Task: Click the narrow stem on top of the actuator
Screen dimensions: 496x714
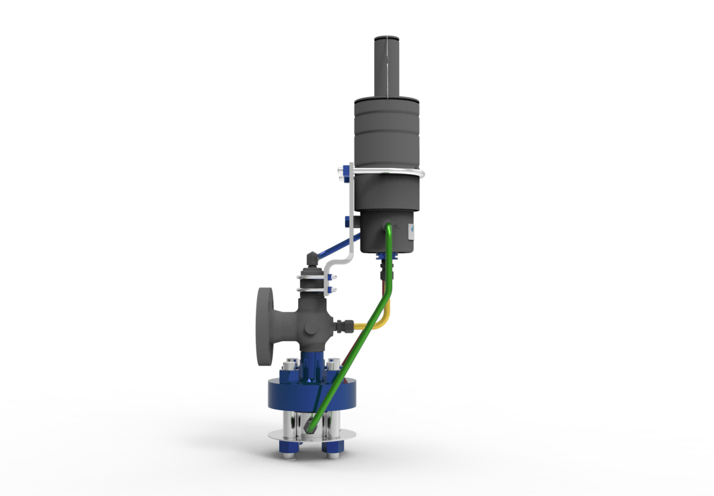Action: point(387,65)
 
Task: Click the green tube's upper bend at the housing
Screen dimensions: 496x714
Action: point(389,229)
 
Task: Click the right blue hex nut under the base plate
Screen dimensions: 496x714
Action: point(330,447)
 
